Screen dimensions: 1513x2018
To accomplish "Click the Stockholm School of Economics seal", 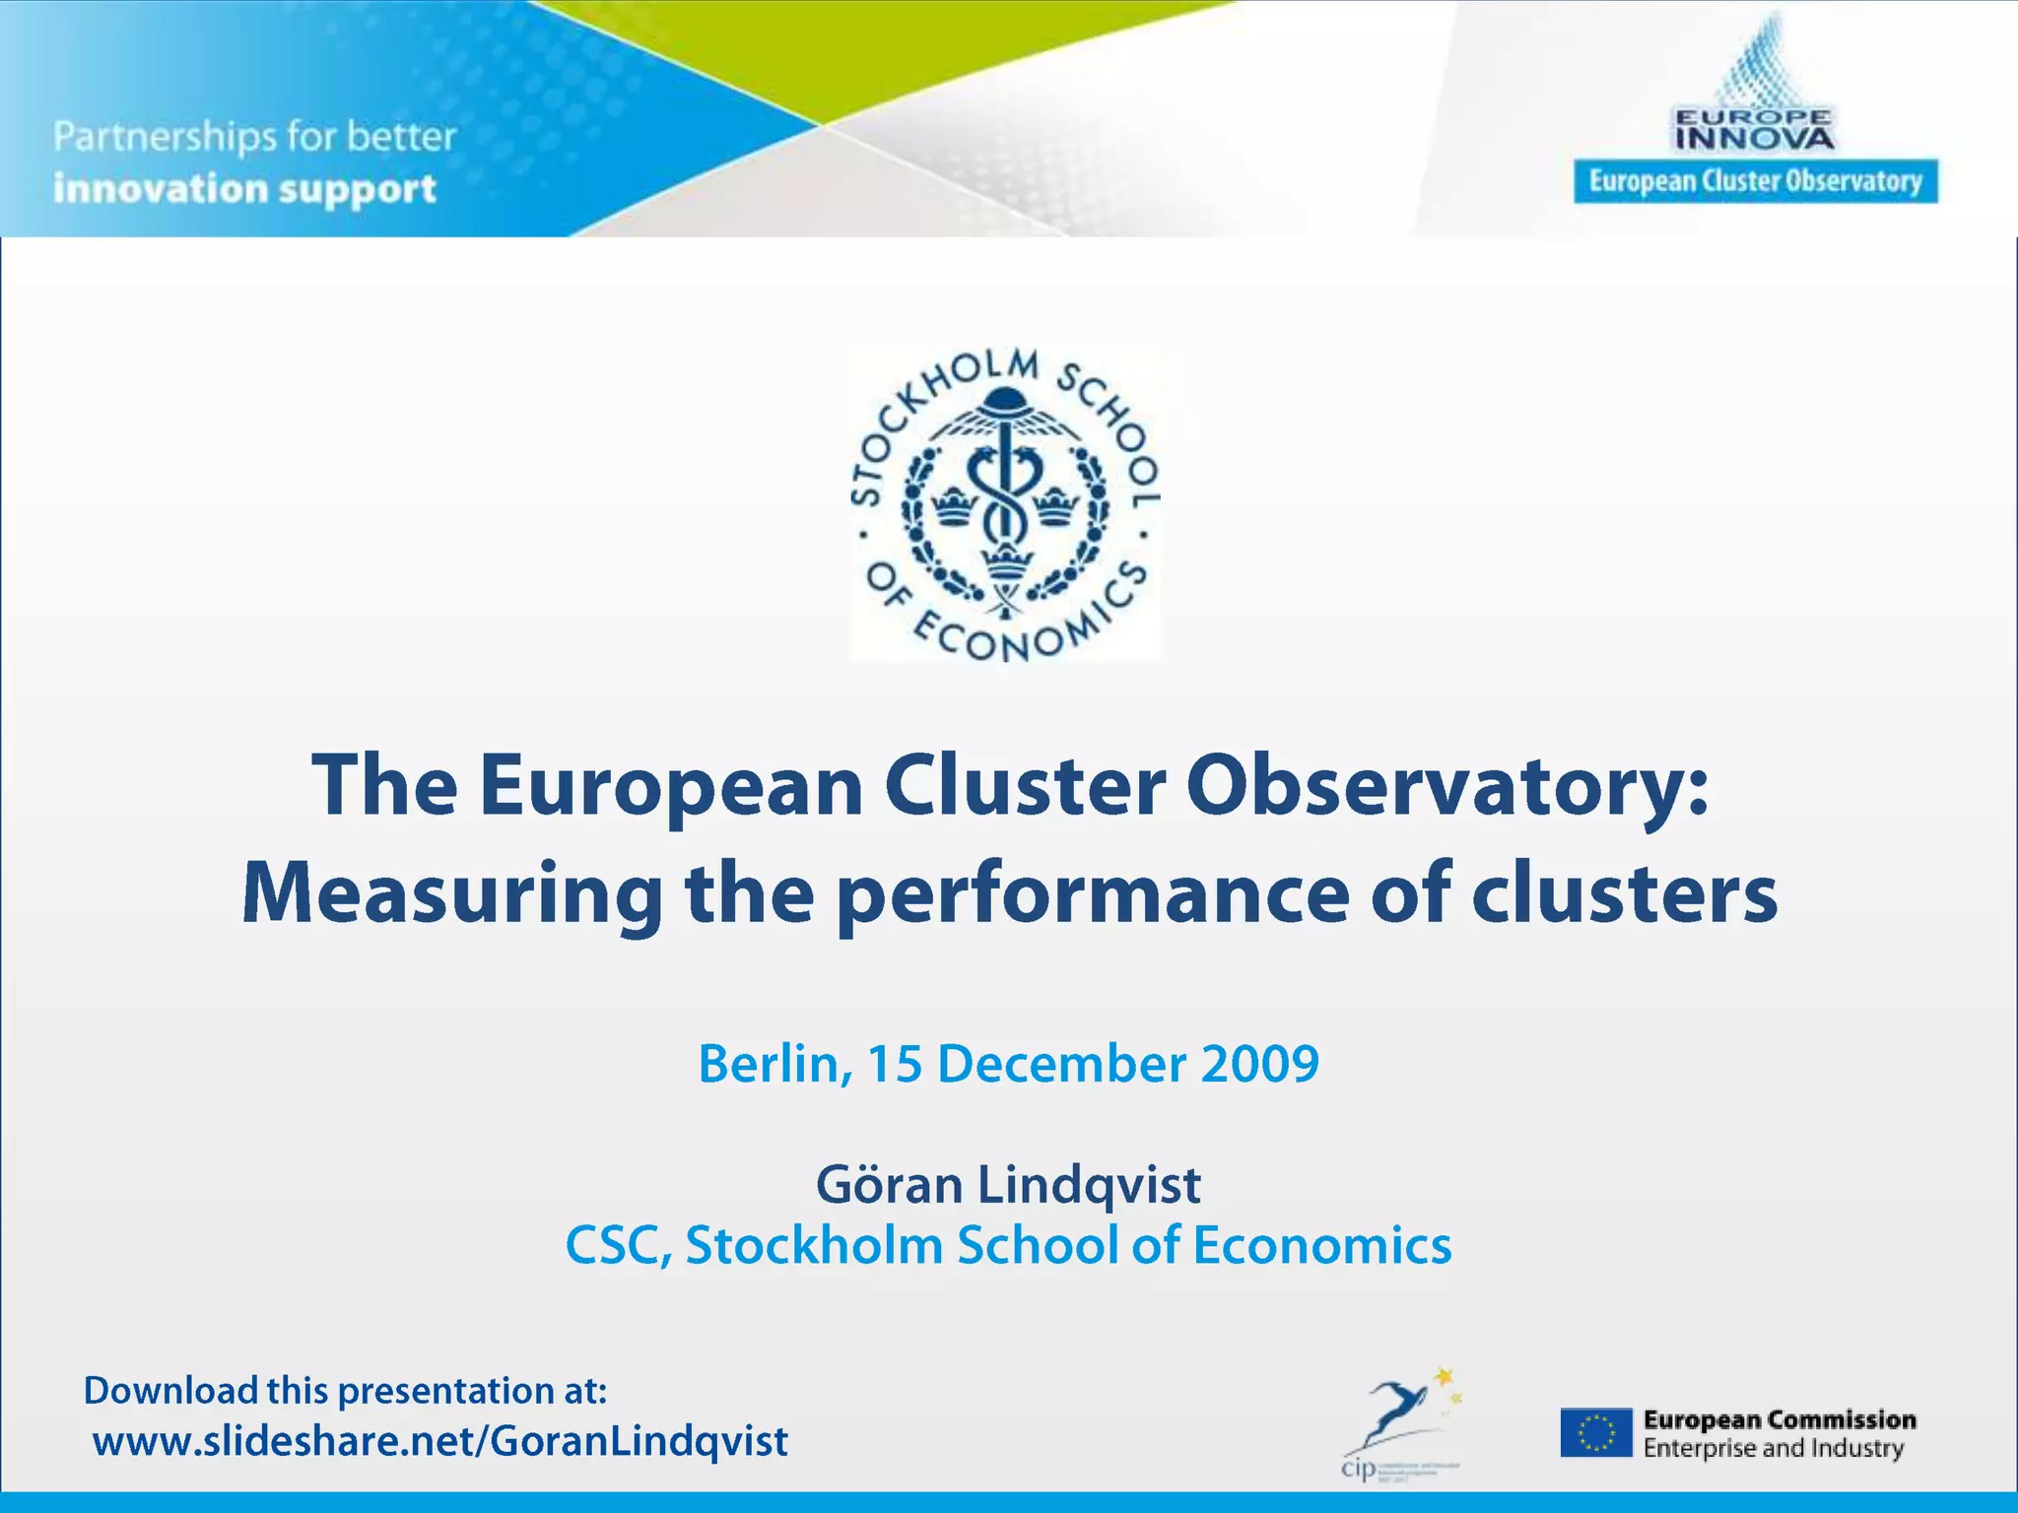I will click(1005, 503).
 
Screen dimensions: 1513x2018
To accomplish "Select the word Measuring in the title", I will click(451, 893).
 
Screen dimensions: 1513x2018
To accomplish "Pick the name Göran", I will click(889, 1184).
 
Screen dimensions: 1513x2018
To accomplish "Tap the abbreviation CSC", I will click(617, 1245).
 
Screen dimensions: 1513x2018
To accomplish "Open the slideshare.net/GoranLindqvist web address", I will click(440, 1441).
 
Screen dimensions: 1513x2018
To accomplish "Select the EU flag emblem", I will click(1596, 1433).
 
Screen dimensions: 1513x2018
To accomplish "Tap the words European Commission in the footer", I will click(1780, 1419).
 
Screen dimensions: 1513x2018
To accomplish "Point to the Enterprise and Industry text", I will click(1773, 1448).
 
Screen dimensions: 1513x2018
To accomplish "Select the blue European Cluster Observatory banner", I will click(1755, 181).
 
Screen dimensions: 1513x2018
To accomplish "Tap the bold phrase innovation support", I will click(244, 188).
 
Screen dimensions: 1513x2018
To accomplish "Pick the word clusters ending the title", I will click(1625, 893).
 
